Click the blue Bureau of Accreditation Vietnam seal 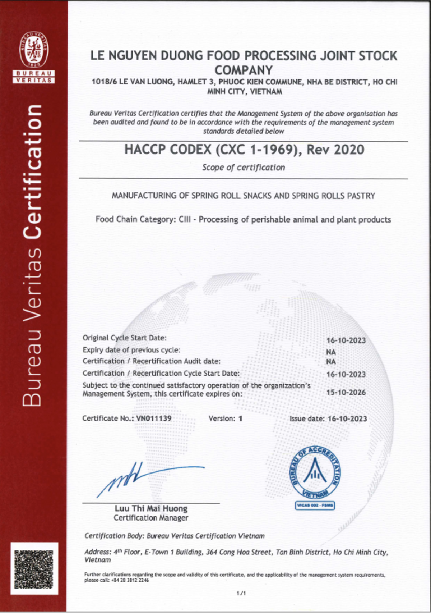pyautogui.click(x=315, y=472)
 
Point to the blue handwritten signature pyautogui.click(x=144, y=478)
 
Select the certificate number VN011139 pyautogui.click(x=154, y=418)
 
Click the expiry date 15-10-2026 pyautogui.click(x=346, y=392)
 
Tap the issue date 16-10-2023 pyautogui.click(x=347, y=418)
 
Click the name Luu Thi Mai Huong pyautogui.click(x=151, y=508)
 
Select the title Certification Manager pyautogui.click(x=151, y=518)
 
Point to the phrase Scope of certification pyautogui.click(x=244, y=168)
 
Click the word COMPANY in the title pyautogui.click(x=244, y=70)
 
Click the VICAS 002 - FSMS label pyautogui.click(x=315, y=506)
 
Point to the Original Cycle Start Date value pyautogui.click(x=346, y=340)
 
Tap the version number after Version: pyautogui.click(x=240, y=418)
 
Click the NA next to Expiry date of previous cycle pyautogui.click(x=331, y=352)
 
